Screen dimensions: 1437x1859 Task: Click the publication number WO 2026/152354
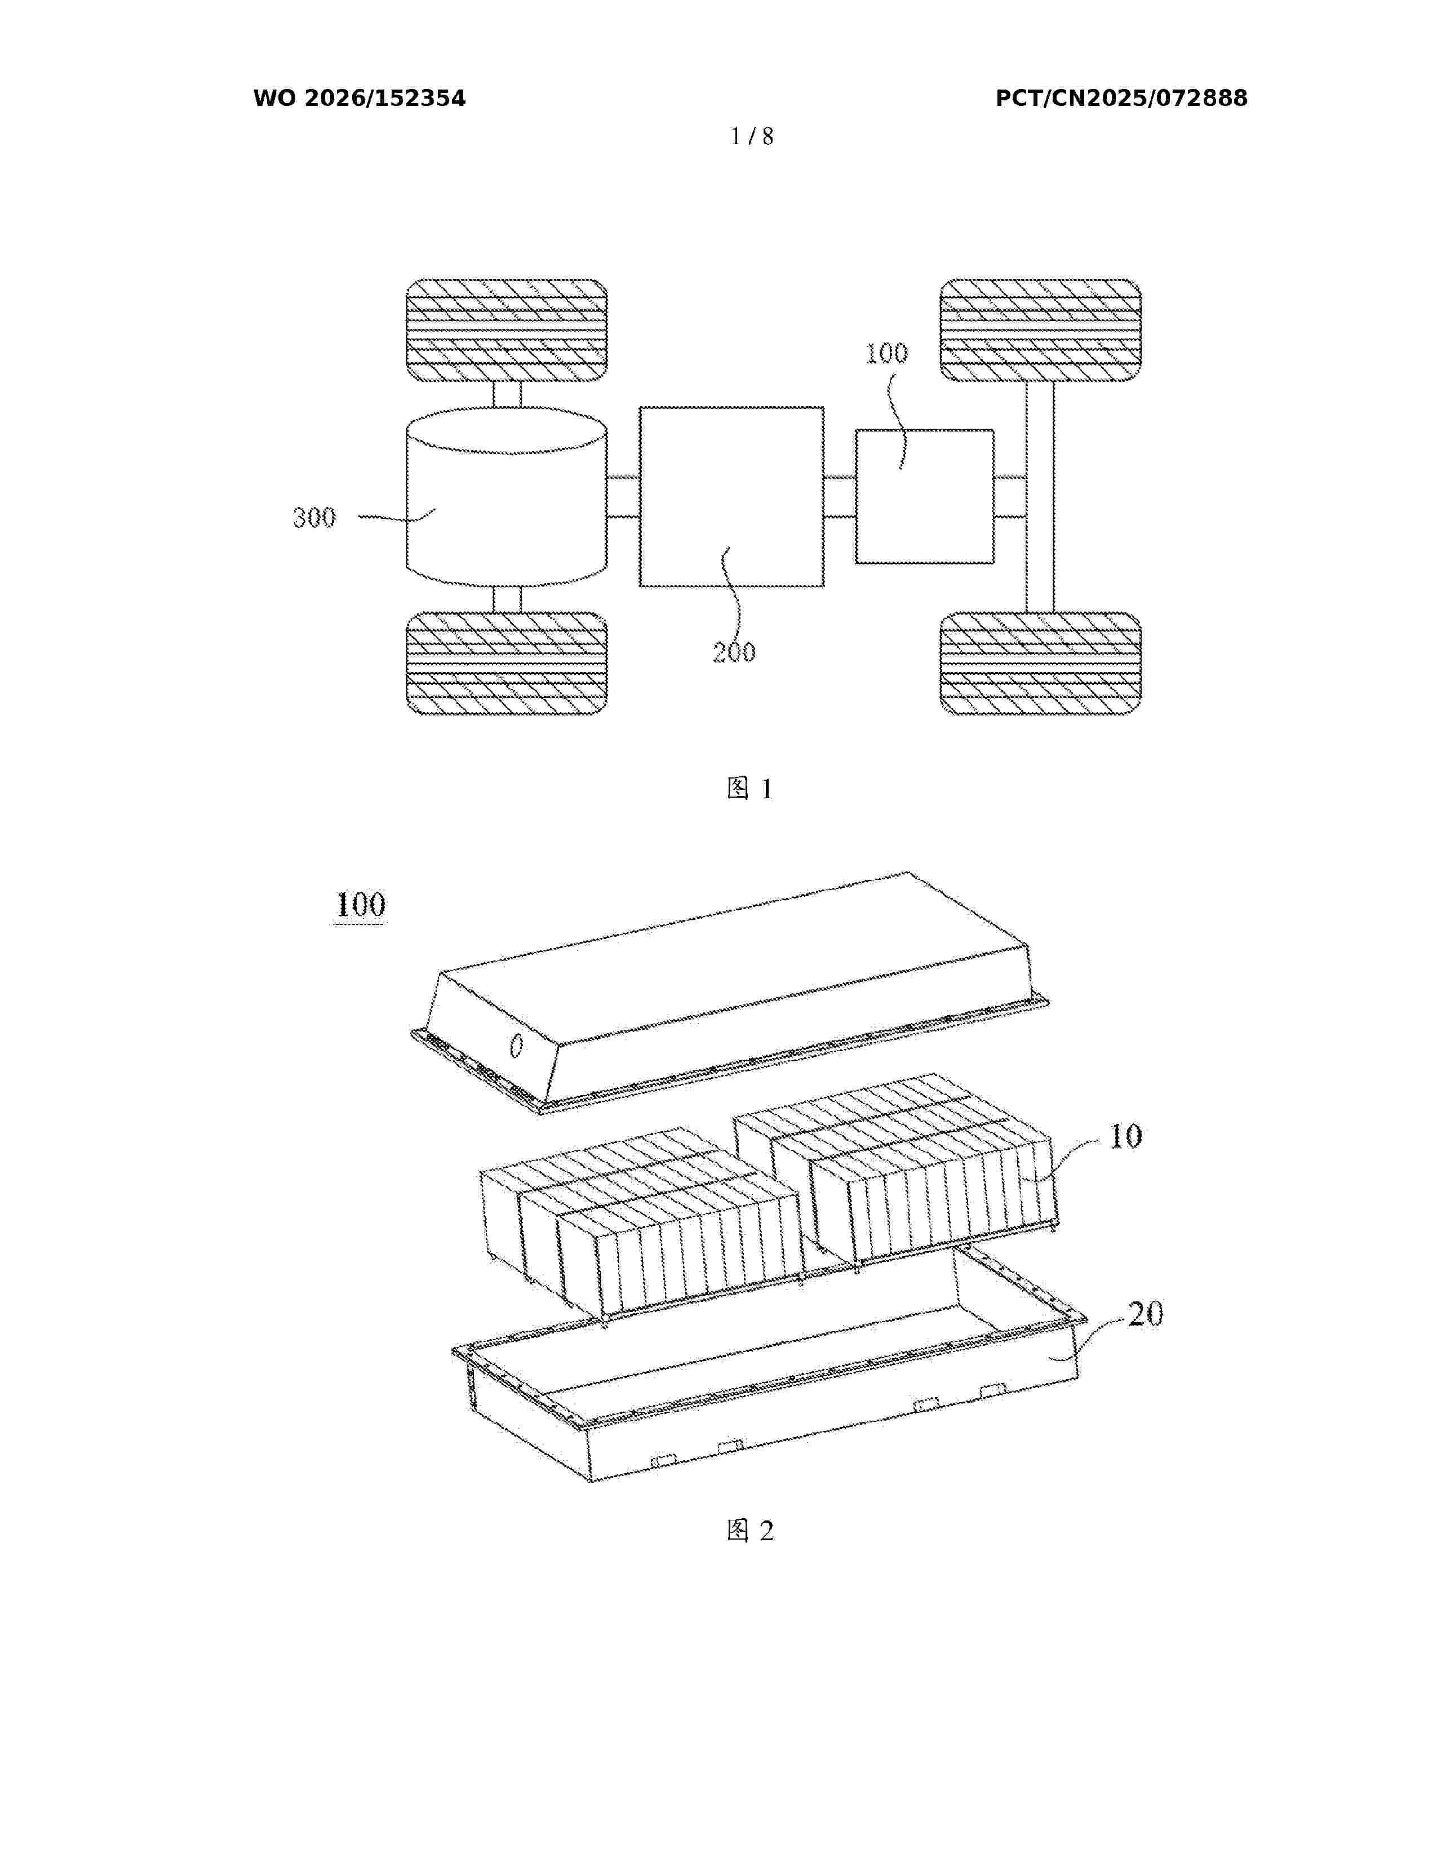click(360, 99)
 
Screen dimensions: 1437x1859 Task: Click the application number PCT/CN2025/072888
click(1121, 99)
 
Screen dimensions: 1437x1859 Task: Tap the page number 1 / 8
click(752, 136)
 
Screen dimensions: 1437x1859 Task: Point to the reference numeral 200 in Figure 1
click(734, 652)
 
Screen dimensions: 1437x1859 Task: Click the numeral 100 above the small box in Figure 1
click(886, 353)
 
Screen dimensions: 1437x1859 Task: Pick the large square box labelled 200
click(731, 497)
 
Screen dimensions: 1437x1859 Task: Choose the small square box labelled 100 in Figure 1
click(925, 496)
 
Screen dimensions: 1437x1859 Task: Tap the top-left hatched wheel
click(507, 330)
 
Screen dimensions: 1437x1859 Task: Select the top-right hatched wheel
click(1040, 330)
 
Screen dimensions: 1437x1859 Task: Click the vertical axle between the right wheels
click(1040, 496)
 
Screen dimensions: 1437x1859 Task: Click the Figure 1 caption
click(750, 788)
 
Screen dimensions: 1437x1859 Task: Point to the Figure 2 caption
click(750, 1531)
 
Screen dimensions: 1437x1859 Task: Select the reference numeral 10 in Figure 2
click(1125, 1136)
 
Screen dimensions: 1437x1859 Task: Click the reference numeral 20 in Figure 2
click(1145, 1314)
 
